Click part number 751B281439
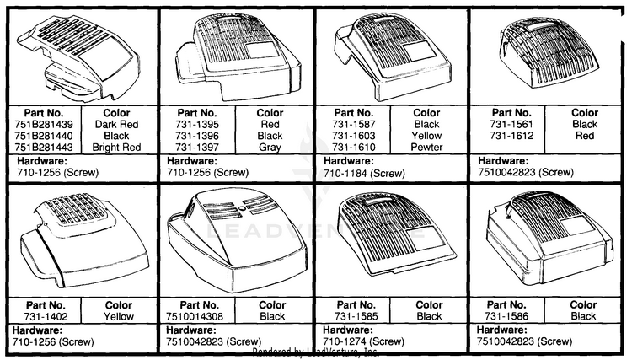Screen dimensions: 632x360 tap(44, 124)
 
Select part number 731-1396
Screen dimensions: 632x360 tap(197, 136)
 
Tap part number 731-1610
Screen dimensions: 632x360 tap(354, 148)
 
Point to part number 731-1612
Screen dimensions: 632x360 tap(511, 136)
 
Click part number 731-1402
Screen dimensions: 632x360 tap(46, 317)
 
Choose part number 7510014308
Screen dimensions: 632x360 tap(195, 317)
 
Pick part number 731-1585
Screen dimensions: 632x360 tap(356, 317)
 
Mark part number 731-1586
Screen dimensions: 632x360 tap(506, 316)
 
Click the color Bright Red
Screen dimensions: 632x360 tap(116, 148)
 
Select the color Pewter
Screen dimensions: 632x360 tap(426, 148)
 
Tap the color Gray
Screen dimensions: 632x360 tap(270, 148)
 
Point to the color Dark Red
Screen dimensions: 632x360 tap(116, 124)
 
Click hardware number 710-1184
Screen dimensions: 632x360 tap(345, 174)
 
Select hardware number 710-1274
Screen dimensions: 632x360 tap(345, 341)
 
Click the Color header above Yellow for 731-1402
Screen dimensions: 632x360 tap(119, 305)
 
